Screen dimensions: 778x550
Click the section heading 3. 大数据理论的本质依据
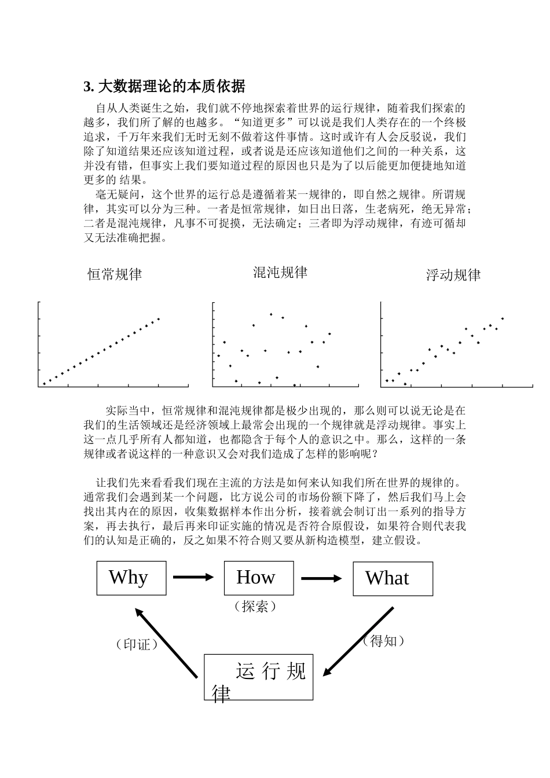tap(164, 87)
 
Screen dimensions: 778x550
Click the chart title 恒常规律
tap(115, 274)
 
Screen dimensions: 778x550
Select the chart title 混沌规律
tap(280, 273)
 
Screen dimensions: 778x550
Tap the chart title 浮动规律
tap(453, 275)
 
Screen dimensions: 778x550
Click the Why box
tap(131, 578)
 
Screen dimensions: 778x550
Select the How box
tap(258, 578)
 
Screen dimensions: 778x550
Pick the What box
tap(393, 578)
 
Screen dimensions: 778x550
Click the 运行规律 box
tap(258, 677)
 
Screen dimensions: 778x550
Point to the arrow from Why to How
tap(193, 577)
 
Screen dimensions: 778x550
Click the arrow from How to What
tap(322, 578)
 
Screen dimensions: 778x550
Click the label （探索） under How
tap(255, 606)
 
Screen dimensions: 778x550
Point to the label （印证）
tap(137, 644)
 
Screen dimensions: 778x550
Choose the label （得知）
tap(383, 641)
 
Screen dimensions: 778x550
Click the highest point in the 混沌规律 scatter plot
tap(271, 314)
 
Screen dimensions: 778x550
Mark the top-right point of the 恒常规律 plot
tap(159, 318)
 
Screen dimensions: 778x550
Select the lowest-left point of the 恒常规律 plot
tap(45, 383)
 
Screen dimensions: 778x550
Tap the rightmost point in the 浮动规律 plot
tap(503, 318)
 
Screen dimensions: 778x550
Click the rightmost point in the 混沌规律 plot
tap(329, 333)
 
